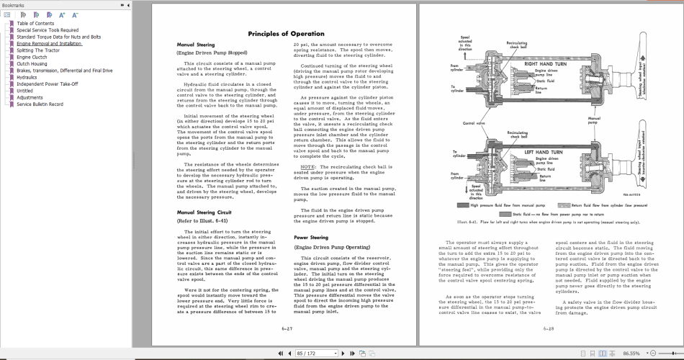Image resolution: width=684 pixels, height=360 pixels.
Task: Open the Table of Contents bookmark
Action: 35,24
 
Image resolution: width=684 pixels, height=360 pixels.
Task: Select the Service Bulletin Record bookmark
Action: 40,104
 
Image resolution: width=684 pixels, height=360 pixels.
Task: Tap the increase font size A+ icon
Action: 62,14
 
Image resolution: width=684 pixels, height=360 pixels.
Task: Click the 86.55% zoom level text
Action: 633,354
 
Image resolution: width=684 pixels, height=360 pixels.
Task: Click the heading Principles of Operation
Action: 286,34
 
